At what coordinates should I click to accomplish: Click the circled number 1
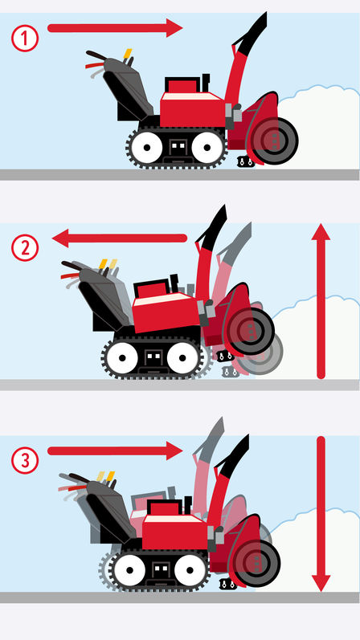pyautogui.click(x=25, y=37)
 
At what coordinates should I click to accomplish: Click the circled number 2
pyautogui.click(x=25, y=247)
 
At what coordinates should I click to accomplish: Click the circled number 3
pyautogui.click(x=25, y=461)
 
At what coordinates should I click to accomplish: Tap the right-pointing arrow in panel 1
pyautogui.click(x=116, y=29)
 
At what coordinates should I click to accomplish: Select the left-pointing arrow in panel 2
pyautogui.click(x=121, y=238)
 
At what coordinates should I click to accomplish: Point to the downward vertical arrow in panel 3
pyautogui.click(x=321, y=514)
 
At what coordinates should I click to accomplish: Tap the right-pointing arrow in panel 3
pyautogui.click(x=116, y=451)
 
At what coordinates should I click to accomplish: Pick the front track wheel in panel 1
pyautogui.click(x=207, y=148)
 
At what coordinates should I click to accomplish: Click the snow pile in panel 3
pyautogui.click(x=317, y=554)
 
